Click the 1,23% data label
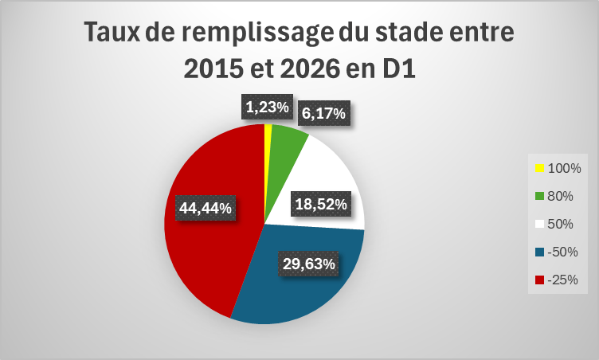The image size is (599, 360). pyautogui.click(x=267, y=107)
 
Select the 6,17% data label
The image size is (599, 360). pyautogui.click(x=323, y=113)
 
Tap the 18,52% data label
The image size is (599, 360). pyautogui.click(x=321, y=204)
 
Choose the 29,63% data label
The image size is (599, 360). pyautogui.click(x=309, y=264)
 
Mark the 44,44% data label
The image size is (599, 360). pyautogui.click(x=206, y=208)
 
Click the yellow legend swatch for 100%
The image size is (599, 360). pyautogui.click(x=539, y=168)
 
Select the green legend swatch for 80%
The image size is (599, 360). pyautogui.click(x=539, y=196)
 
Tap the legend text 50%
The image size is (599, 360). pyautogui.click(x=560, y=224)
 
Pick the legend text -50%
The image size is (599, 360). pyautogui.click(x=562, y=252)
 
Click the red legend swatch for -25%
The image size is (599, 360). pyautogui.click(x=539, y=280)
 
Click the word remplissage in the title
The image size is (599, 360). pyautogui.click(x=257, y=33)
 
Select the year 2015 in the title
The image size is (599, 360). pyautogui.click(x=213, y=68)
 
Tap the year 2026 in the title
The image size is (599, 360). pyautogui.click(x=310, y=68)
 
